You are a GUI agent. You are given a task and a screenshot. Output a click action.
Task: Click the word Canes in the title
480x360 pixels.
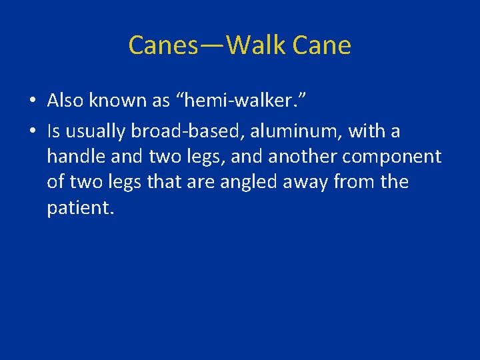point(163,46)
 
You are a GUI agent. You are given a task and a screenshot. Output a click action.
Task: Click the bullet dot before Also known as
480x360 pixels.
point(33,101)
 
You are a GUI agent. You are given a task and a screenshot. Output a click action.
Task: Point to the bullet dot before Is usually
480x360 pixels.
point(33,132)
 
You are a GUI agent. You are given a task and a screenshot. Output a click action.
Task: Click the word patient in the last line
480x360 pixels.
point(80,207)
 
